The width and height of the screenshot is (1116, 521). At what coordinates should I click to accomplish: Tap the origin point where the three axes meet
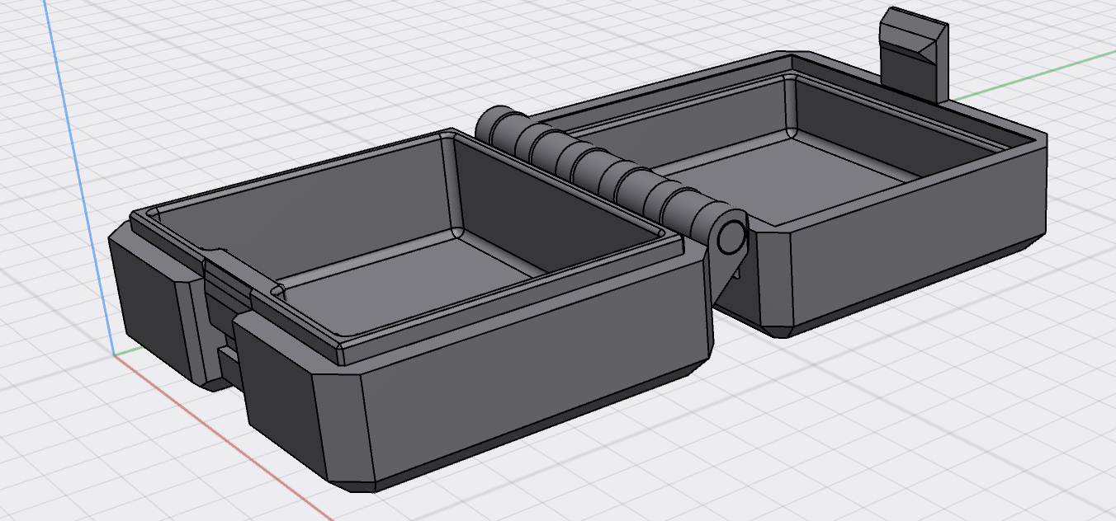[113, 355]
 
